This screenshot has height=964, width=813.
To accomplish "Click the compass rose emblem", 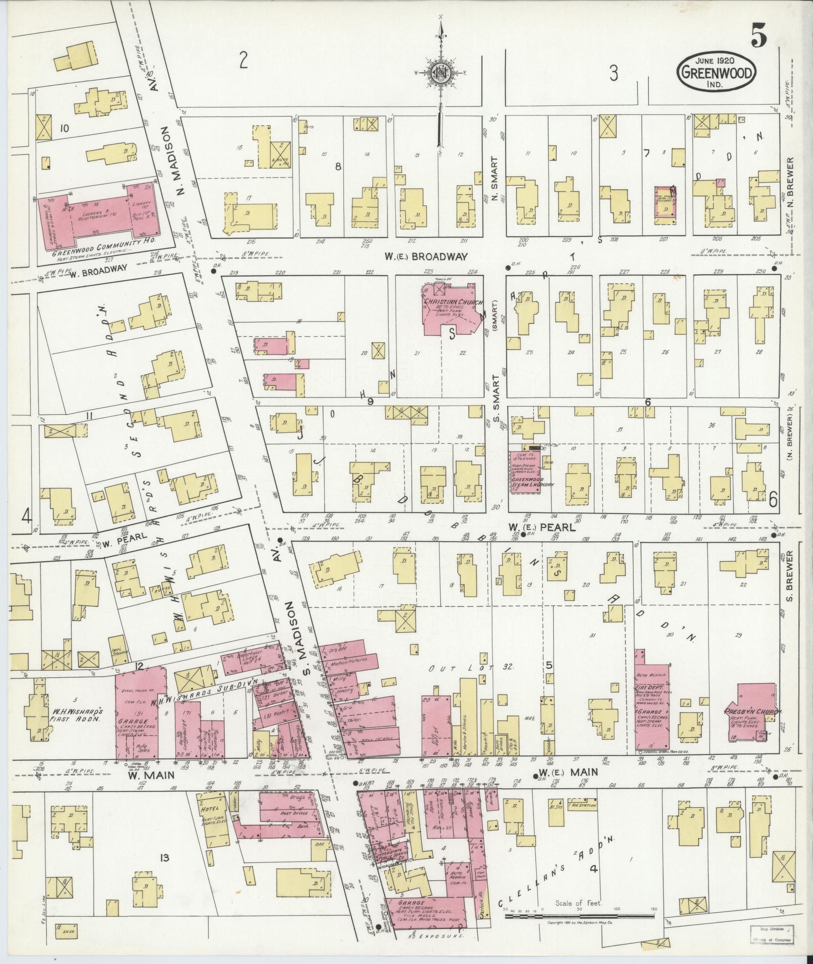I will coord(441,73).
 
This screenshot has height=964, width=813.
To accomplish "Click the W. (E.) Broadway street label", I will coord(426,257).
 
